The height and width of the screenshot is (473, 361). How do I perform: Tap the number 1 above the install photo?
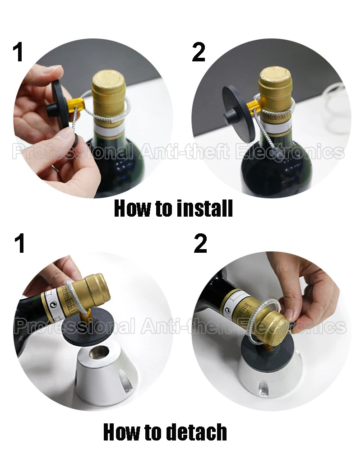19,52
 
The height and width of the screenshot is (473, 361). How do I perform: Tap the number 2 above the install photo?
199,52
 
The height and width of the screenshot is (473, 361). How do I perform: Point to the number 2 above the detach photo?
200,243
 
